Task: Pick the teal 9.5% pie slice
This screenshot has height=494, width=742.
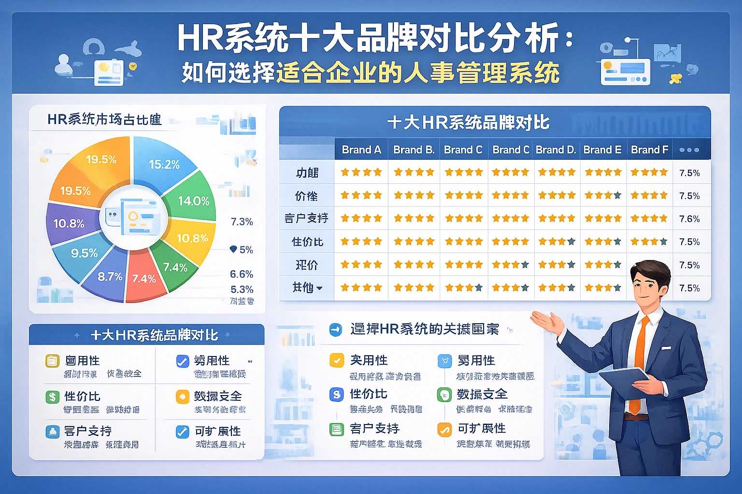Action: coord(83,254)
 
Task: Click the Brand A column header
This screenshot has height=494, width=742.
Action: coord(361,150)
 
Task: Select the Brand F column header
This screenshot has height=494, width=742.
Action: coord(649,150)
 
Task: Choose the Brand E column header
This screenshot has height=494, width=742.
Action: coord(602,150)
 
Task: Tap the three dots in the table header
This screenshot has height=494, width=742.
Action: coord(689,150)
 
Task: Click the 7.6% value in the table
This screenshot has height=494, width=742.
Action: coord(689,219)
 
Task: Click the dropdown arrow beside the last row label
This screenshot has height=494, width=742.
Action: coord(319,288)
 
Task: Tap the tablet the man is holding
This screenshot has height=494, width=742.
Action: coord(623,381)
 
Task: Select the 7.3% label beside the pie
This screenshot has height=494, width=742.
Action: coord(242,222)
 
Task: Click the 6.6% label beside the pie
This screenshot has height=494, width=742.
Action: coord(242,274)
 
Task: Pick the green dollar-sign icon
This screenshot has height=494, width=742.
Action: coord(52,397)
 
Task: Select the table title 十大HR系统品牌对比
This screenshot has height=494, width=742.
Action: coord(468,123)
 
